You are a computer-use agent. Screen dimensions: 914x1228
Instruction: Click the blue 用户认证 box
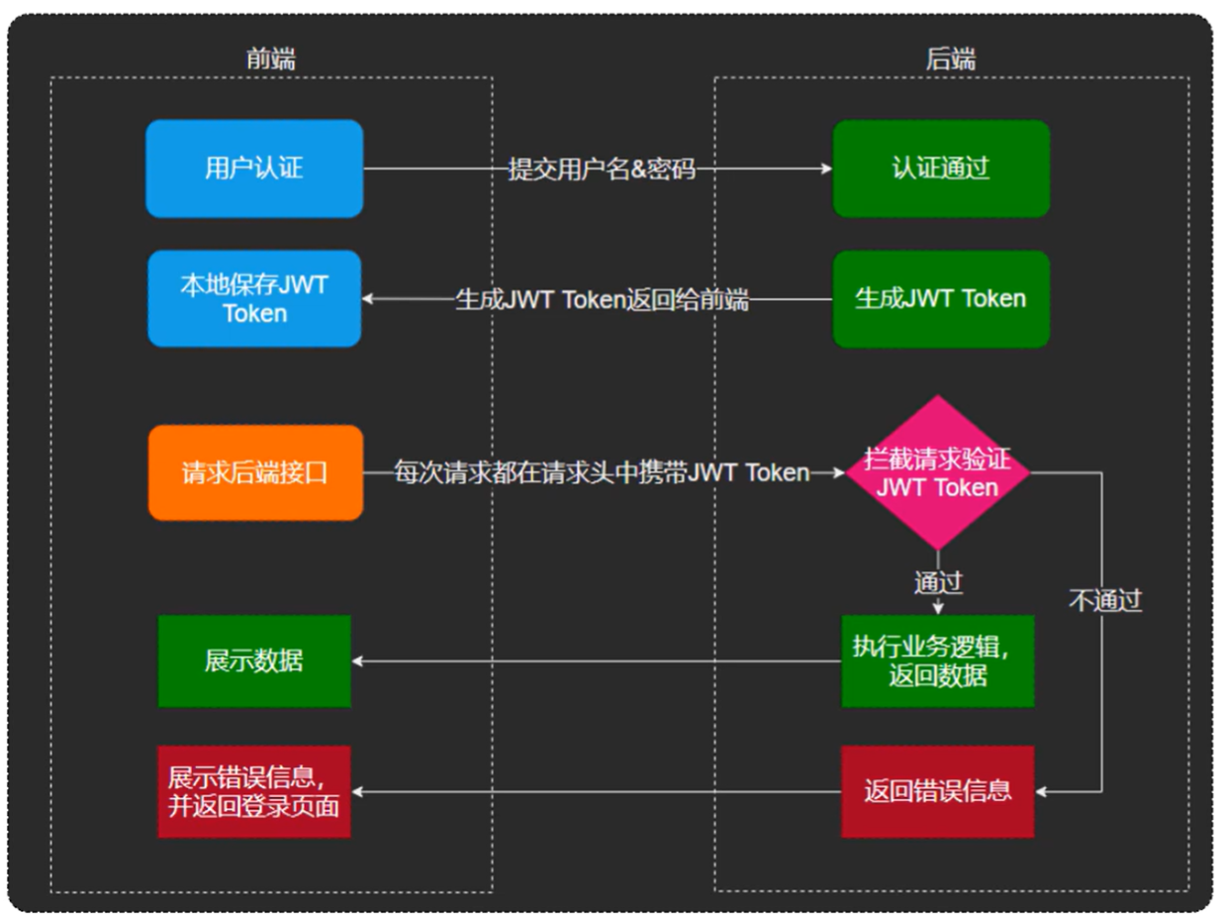tap(254, 168)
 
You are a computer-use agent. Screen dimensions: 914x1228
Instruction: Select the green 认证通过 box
tap(940, 168)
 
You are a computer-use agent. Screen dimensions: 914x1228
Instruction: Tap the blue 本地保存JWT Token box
tap(254, 299)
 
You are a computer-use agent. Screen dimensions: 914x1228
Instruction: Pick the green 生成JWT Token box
tap(940, 299)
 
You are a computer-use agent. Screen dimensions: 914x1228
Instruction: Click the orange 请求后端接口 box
tap(254, 473)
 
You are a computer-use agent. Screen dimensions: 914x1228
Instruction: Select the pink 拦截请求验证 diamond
tap(937, 473)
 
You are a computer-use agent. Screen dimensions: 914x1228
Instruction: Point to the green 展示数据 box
tap(254, 661)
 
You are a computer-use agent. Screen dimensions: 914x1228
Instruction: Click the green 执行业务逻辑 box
tap(937, 661)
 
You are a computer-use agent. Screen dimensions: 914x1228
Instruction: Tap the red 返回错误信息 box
tap(937, 791)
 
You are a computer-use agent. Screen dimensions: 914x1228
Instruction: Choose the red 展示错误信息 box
tap(254, 791)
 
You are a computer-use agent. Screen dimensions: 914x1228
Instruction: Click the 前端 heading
tap(270, 58)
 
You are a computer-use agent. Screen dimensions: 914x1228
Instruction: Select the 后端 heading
tap(950, 58)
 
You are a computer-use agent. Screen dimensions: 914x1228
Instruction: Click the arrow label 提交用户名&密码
tap(602, 169)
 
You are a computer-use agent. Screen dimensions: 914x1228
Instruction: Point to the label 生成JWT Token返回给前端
tap(602, 299)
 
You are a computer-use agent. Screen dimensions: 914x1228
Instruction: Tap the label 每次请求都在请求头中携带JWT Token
tap(602, 472)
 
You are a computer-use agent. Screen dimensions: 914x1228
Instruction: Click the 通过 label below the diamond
tap(938, 582)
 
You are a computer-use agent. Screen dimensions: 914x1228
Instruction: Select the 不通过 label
tap(1104, 600)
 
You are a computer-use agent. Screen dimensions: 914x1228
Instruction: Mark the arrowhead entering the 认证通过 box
tap(827, 169)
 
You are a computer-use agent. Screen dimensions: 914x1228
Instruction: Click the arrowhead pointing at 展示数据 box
tap(358, 661)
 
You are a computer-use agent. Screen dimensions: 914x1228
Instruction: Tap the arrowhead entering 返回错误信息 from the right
tap(1041, 791)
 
